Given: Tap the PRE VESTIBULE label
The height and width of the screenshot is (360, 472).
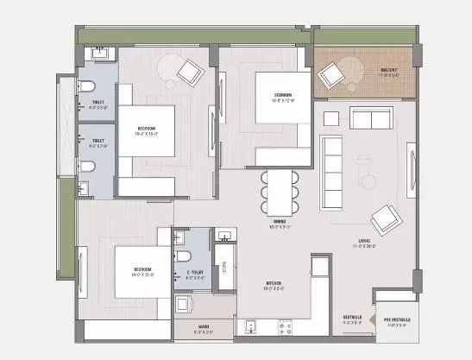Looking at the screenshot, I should tap(397, 322).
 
